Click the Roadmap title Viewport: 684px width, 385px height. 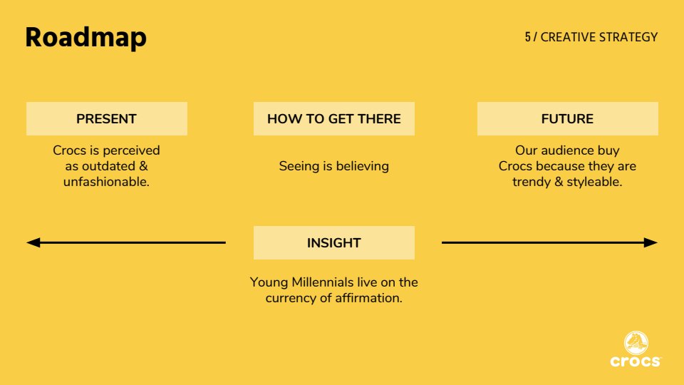click(86, 38)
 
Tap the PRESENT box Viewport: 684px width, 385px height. click(107, 119)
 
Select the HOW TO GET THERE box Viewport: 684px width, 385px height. click(334, 119)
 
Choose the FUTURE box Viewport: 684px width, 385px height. click(568, 119)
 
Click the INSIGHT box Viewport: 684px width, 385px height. click(334, 242)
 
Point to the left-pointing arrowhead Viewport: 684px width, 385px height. click(33, 242)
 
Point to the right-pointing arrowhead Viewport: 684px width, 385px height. click(651, 242)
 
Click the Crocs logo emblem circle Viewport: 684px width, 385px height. click(636, 343)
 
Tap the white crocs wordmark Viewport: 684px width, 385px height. click(636, 361)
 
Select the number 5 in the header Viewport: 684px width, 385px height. click(528, 37)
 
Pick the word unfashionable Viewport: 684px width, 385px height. click(105, 182)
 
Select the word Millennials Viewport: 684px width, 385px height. click(323, 282)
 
